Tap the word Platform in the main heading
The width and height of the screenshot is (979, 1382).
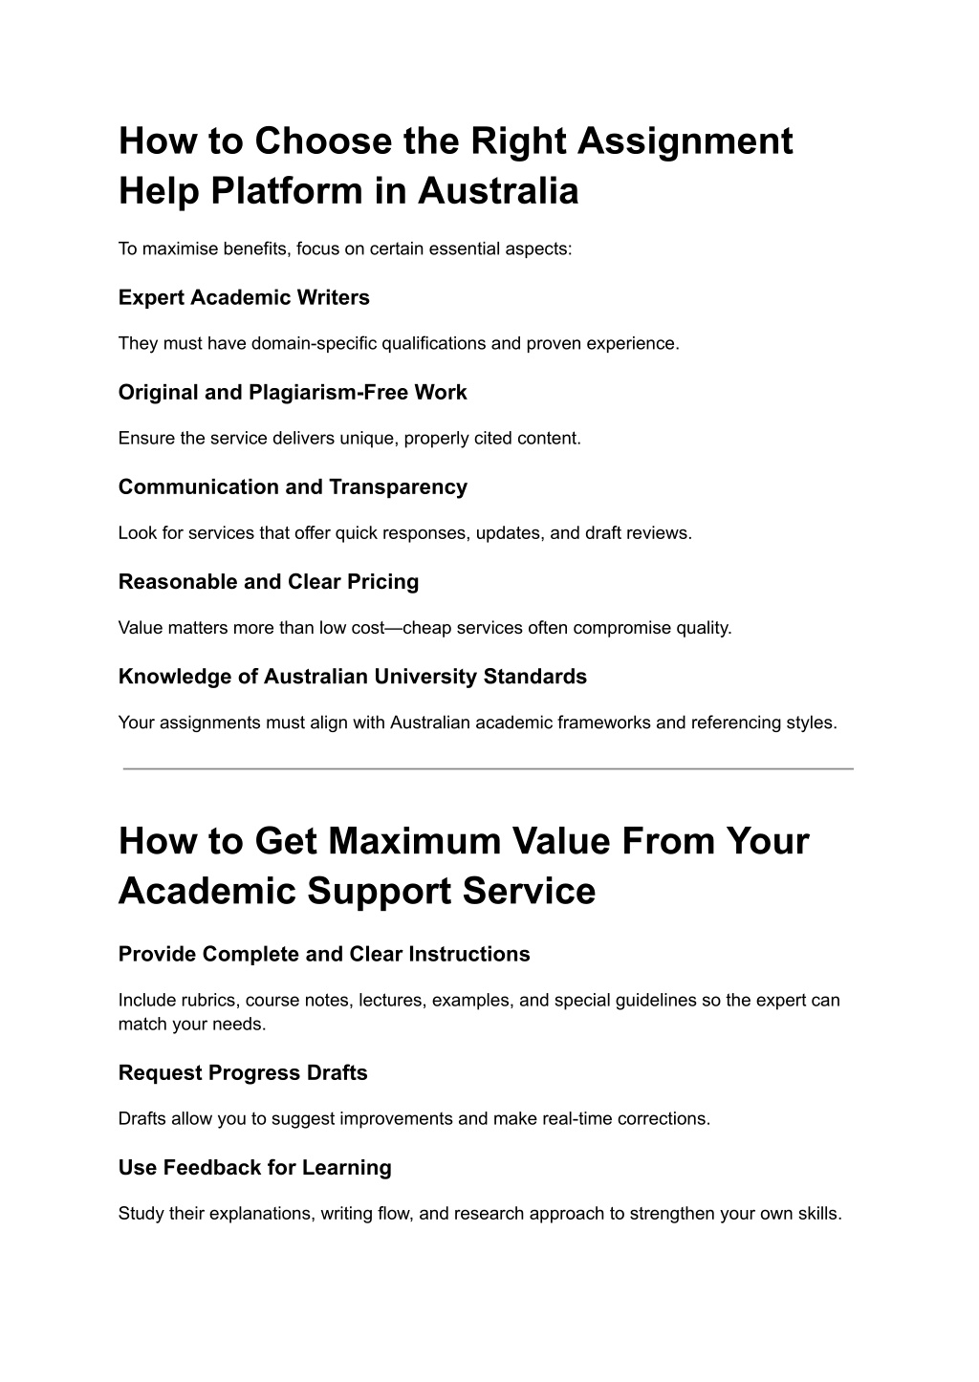286,191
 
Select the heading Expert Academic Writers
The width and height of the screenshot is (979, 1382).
244,297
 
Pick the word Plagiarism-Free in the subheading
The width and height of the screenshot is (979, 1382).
322,392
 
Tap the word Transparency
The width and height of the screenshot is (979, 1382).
399,486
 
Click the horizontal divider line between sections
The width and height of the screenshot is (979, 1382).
488,768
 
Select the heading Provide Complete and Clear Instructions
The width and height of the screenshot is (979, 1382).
324,954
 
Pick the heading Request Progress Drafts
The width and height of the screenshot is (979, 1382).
243,1072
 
